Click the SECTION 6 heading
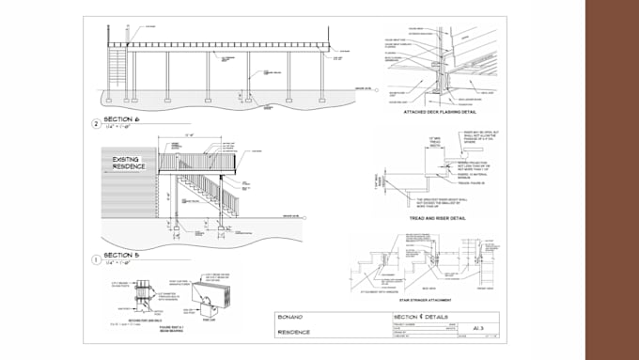(x=121, y=120)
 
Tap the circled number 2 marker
(x=95, y=123)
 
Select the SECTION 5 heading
(x=121, y=255)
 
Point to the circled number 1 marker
(x=95, y=258)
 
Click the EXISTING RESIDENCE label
(x=126, y=165)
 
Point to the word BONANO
(x=292, y=318)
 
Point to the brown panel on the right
(x=612, y=180)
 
